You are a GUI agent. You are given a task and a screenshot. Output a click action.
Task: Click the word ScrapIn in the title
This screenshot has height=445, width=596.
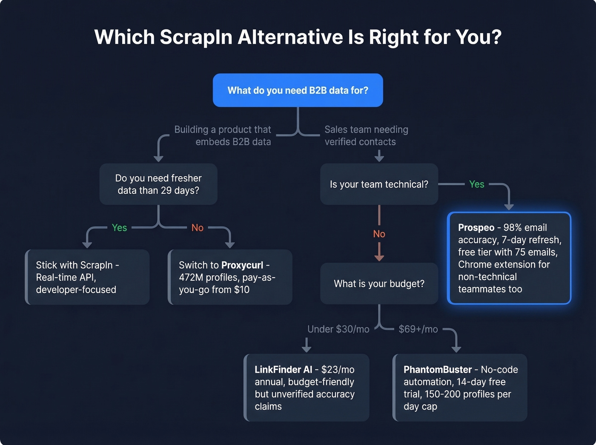coord(196,37)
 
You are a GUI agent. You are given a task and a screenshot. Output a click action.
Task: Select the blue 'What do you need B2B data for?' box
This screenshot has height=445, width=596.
coord(298,90)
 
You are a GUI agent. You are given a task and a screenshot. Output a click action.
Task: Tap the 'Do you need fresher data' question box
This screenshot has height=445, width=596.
coord(158,184)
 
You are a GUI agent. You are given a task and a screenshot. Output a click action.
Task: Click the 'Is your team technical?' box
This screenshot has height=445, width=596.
coord(379,184)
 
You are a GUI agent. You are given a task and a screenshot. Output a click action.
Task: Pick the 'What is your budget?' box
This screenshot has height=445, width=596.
coord(379,284)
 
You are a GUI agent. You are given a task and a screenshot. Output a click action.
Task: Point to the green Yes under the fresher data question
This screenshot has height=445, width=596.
coord(119,228)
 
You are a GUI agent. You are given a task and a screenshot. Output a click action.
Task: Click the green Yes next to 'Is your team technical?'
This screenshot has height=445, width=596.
coord(476,184)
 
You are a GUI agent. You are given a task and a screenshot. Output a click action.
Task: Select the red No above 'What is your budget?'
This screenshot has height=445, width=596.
coord(379,234)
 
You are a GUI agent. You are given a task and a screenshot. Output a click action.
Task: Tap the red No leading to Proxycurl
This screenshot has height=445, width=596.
coord(197,228)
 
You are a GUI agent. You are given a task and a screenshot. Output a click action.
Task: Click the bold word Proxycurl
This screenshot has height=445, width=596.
coord(242,265)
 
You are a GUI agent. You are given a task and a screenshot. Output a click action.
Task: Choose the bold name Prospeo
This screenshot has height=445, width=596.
coord(476,227)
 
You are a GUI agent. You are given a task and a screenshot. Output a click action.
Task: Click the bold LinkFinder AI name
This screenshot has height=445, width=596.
coord(283,370)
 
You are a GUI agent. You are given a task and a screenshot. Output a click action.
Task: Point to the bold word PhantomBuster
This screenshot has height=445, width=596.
coord(437,370)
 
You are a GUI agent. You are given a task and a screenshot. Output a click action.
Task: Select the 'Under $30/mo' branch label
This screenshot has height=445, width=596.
coord(338,329)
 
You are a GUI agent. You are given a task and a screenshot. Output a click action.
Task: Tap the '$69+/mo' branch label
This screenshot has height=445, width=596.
coord(418,329)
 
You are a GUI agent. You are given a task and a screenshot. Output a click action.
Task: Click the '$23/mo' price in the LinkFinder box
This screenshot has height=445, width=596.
coord(338,370)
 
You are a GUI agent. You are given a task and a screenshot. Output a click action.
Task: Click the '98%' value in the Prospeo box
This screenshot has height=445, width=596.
coord(513,227)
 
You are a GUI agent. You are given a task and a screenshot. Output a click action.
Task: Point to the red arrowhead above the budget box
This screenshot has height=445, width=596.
coord(379,258)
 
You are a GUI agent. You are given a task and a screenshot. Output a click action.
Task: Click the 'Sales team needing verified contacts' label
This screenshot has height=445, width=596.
coord(366,135)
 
